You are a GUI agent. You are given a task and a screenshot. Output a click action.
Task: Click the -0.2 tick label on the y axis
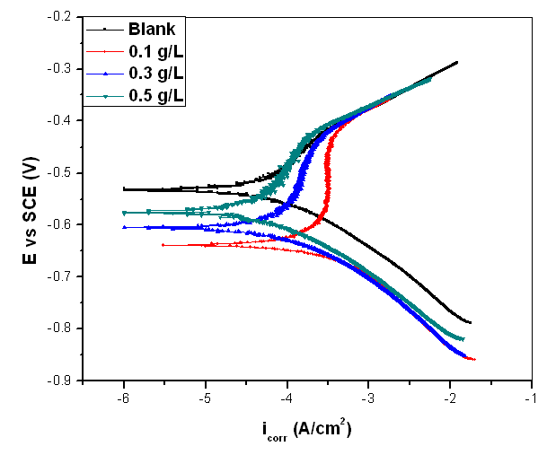(59, 17)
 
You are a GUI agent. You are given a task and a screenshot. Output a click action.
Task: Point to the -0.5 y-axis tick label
(59, 172)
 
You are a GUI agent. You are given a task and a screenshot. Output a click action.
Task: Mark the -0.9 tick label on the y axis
(59, 380)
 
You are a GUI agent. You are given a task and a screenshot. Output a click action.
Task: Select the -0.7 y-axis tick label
(59, 276)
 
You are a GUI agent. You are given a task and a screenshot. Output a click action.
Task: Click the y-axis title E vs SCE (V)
(30, 198)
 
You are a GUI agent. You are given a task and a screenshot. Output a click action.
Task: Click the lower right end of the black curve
(470, 322)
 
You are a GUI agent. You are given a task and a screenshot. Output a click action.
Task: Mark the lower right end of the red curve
(473, 359)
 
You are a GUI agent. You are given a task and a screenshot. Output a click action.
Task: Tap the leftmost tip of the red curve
(163, 244)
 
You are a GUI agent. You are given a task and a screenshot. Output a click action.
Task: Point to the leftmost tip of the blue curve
(123, 227)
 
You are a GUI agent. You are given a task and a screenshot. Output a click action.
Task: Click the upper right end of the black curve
(457, 62)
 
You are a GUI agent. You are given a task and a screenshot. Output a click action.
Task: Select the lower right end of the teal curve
(463, 338)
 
